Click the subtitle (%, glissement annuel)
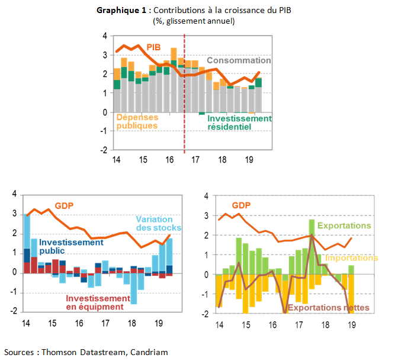193,21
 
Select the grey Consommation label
239,60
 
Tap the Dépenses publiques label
137,121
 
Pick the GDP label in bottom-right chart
242,205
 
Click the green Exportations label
344,225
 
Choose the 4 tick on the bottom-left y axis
14,195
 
